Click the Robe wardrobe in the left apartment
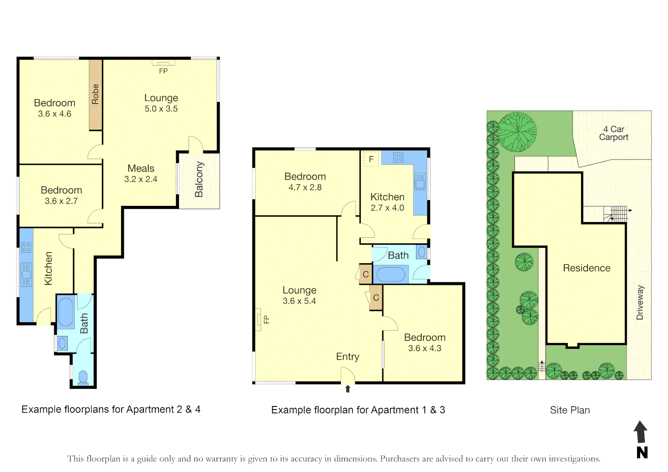point(95,94)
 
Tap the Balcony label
point(199,179)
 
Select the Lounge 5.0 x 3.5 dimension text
point(161,109)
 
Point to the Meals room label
point(141,168)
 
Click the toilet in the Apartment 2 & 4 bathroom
point(83,377)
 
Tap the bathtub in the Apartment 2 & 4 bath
point(66,312)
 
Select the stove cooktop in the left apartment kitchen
point(26,248)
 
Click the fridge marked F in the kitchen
point(371,159)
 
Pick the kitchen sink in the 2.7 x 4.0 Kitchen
point(420,181)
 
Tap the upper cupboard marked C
point(366,274)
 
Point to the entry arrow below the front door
point(348,389)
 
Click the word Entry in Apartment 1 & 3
point(348,357)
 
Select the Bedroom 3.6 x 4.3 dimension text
point(424,348)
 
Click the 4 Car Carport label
point(613,133)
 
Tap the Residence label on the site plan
point(586,268)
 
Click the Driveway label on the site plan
point(640,302)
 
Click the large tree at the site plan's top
point(518,132)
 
